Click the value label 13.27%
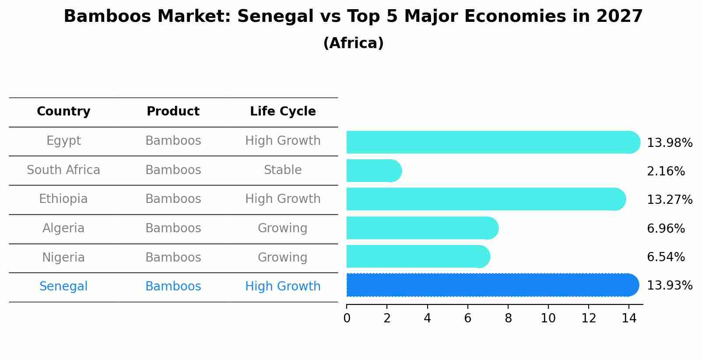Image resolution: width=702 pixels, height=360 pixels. coord(669,200)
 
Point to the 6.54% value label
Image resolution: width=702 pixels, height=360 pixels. coord(665,257)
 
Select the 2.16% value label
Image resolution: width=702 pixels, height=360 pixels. coord(665,171)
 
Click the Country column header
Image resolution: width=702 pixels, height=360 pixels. coord(63,112)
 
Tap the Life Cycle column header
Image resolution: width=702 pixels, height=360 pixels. coord(283,112)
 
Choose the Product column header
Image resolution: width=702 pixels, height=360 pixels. coord(173,112)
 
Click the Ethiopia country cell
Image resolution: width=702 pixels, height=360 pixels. coord(63,199)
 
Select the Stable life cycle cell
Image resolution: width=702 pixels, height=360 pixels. coord(283,170)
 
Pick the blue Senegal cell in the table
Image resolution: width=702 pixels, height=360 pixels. coord(63,287)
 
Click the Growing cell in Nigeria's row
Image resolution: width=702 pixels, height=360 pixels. coord(283,257)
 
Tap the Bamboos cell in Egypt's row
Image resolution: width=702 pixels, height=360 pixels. coord(173,141)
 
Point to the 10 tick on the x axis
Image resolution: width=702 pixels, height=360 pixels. coord(548,318)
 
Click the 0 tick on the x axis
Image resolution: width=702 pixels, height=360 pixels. coord(347,318)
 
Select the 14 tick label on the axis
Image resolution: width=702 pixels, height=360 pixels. coord(629,318)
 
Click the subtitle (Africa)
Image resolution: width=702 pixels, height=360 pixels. coord(353,43)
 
